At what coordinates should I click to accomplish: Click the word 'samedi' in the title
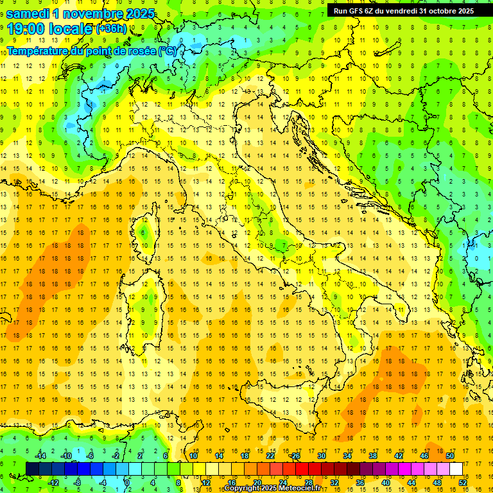click(28, 13)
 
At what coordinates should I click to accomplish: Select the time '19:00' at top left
click(28, 29)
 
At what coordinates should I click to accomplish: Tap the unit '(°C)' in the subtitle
click(168, 51)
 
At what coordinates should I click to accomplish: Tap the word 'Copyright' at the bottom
click(243, 489)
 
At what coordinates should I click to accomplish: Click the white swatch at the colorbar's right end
click(456, 469)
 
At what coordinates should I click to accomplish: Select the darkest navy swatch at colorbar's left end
click(33, 469)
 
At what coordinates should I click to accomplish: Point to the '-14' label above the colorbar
click(39, 456)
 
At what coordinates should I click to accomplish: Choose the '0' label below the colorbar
click(127, 482)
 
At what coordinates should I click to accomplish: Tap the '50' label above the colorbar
click(449, 456)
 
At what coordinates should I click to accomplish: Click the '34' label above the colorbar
click(347, 456)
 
